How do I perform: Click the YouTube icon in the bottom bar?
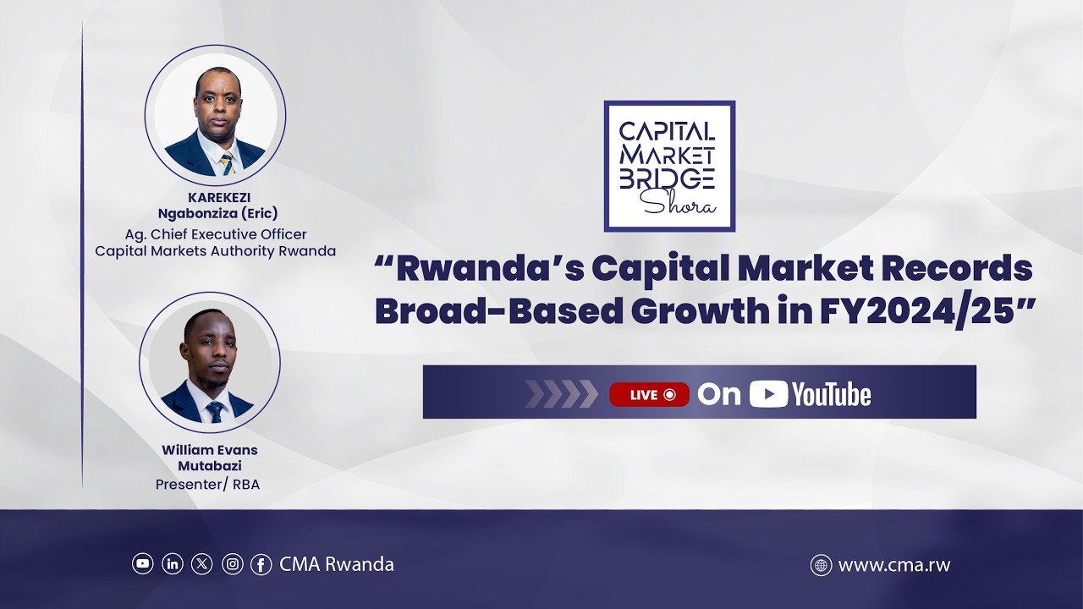click(x=143, y=563)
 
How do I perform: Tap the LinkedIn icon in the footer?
click(x=173, y=563)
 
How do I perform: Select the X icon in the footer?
click(x=202, y=563)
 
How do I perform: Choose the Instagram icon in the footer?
click(x=232, y=563)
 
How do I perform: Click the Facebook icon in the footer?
click(x=261, y=563)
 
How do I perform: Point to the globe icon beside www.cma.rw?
click(x=821, y=565)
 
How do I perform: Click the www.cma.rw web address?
click(x=894, y=565)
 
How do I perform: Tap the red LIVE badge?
click(x=649, y=394)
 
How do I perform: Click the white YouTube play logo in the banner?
click(x=768, y=394)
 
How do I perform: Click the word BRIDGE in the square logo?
click(x=668, y=178)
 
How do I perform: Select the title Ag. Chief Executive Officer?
click(x=215, y=234)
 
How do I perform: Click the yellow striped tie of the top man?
click(x=227, y=163)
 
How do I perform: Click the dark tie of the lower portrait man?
click(x=215, y=412)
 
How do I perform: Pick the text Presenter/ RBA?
click(x=207, y=485)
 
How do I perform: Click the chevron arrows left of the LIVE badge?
click(x=561, y=394)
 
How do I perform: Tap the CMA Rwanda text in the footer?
click(x=337, y=564)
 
